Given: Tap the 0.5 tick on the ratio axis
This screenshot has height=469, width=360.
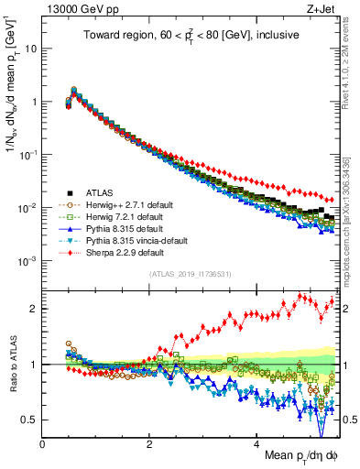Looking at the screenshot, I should point(30,420).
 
